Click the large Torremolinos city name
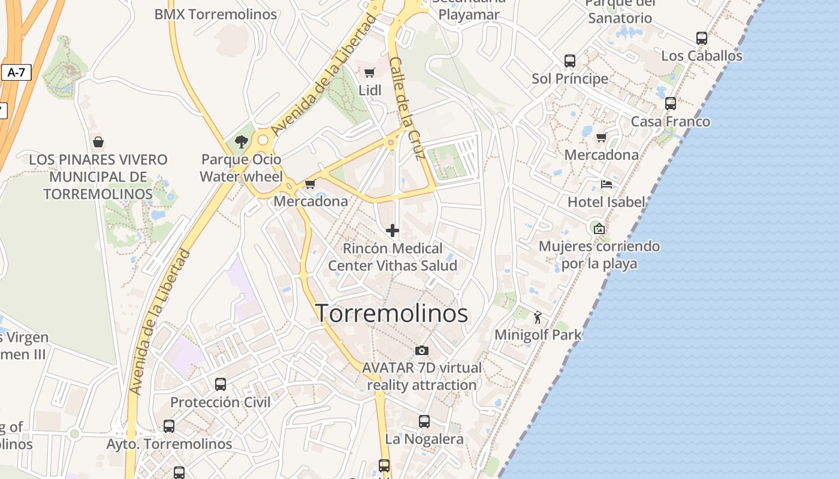point(391,313)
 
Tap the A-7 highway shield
point(16,73)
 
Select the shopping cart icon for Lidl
point(370,73)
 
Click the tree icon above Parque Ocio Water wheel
point(242,142)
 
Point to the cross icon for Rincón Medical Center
point(393,231)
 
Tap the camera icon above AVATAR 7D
point(422,350)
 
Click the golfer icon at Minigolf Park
point(537,317)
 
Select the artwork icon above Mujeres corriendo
point(599,228)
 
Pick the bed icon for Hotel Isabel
point(606,184)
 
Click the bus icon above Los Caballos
point(702,38)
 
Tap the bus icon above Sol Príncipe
point(570,61)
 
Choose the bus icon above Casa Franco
point(671,104)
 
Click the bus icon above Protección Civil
point(221,384)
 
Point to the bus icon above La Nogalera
point(424,422)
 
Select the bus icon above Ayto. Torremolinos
point(169,426)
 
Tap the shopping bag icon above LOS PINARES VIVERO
point(98,142)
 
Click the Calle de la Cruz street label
point(407,108)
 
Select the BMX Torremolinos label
point(216,14)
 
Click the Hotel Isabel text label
point(606,202)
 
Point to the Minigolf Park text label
point(538,335)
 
